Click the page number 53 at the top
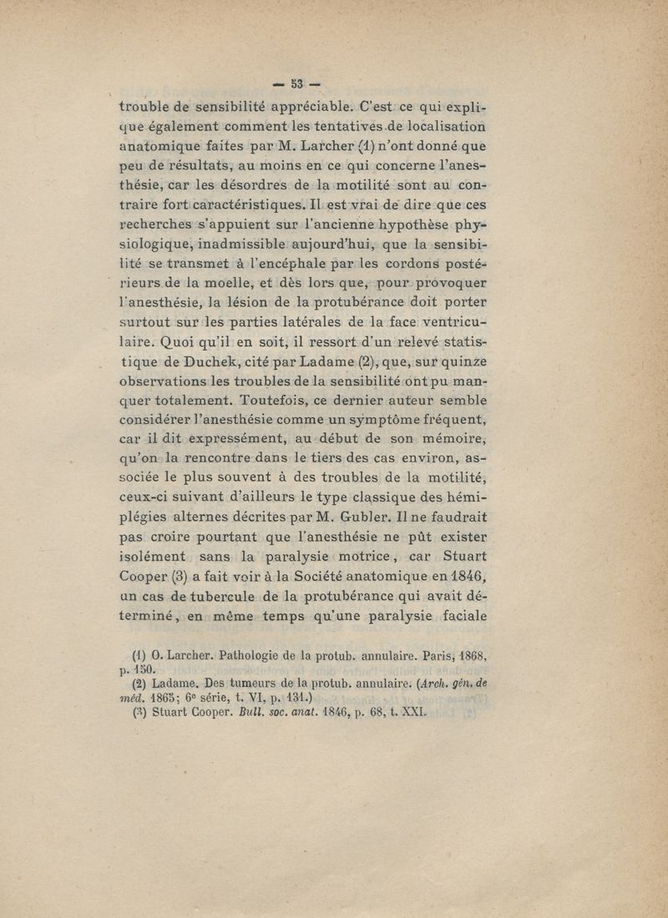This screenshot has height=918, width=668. [x=298, y=84]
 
